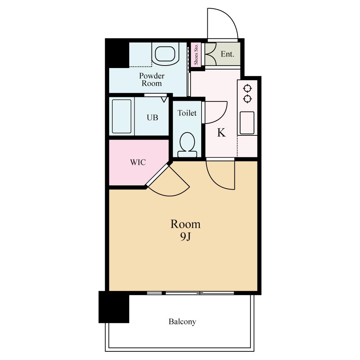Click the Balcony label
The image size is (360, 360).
coord(182,321)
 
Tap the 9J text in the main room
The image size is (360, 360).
coord(185,237)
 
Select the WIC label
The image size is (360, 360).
coord(138,162)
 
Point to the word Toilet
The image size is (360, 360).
coord(187,113)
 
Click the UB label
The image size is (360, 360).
coord(152,118)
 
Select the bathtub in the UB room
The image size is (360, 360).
coord(121,116)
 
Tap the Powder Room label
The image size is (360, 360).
coord(152,80)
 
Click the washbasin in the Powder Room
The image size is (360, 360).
coord(165,54)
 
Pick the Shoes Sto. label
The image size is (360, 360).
coord(196,54)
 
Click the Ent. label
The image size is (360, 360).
coord(227,54)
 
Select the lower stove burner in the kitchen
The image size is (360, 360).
coord(248,99)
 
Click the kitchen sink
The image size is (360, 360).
coord(247,123)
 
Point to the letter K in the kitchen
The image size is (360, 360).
coord(221,132)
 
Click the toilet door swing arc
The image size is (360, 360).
coord(222,116)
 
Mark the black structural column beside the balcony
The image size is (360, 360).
coord(114,307)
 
